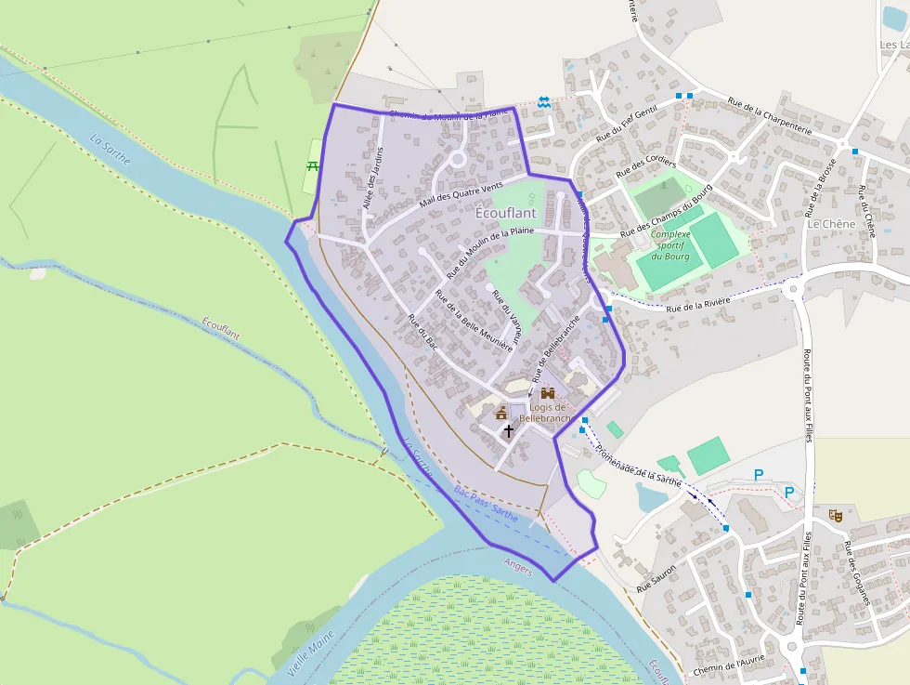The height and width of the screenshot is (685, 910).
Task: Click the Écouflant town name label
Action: coord(505,213)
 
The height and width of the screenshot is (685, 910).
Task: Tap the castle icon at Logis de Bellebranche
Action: coord(547,393)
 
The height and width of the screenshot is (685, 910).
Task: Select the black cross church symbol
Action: coord(508,431)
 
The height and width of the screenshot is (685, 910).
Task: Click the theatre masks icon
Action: coord(835,515)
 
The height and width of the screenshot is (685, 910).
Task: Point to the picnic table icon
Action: coord(312,166)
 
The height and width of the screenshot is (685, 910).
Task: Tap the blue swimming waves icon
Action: coord(543,103)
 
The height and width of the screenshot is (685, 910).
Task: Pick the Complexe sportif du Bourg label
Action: coord(669,245)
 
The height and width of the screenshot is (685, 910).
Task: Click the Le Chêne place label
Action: coord(830,224)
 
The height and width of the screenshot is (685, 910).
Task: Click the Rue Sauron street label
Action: coord(656,582)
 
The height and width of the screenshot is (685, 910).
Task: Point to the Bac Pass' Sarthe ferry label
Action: coord(486,501)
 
